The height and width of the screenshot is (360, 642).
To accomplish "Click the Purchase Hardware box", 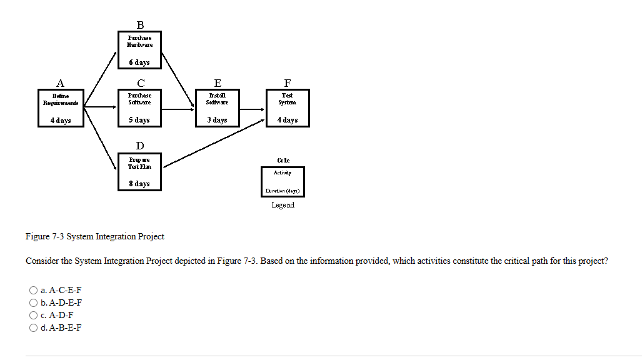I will coord(139,50).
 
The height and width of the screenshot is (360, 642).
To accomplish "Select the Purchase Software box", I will coord(139,107).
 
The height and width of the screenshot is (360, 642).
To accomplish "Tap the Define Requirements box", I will coord(61,107).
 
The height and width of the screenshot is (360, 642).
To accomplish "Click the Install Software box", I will coord(217,107).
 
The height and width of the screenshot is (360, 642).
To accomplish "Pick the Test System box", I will coord(287,107).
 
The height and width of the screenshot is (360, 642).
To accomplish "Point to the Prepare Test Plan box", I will coord(139,171).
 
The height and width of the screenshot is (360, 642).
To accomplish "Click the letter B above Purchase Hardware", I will coord(140,25).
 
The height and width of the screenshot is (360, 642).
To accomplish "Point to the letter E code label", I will coord(217,83).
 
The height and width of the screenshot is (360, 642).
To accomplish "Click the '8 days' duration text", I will coord(139,184).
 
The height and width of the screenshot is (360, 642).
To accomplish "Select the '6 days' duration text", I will coord(139,62).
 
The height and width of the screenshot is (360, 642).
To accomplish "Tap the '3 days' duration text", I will coord(217,120).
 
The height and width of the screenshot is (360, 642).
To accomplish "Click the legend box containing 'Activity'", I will coord(283,181).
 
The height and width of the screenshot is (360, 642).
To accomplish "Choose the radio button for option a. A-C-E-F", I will coord(33,290).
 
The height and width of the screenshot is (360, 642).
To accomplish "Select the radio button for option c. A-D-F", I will coord(33,315).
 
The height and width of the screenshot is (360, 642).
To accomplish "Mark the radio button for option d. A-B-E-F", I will coord(33,327).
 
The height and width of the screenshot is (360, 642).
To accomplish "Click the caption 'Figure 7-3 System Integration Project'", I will coord(95,236).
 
